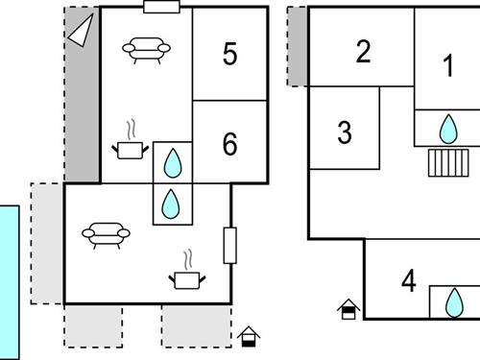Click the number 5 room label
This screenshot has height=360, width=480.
[x=229, y=54]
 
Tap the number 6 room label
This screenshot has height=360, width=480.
[x=229, y=144]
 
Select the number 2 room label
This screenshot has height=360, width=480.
[x=363, y=51]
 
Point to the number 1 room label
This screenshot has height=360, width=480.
[x=448, y=65]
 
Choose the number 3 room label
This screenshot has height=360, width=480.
[x=345, y=132]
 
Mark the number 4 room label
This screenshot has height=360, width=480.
[x=409, y=280]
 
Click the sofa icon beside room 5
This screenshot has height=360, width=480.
[x=146, y=51]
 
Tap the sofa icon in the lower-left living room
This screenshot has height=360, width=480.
[x=106, y=235]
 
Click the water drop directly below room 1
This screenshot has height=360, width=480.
[x=448, y=129]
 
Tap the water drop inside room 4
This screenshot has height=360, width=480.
[x=454, y=302]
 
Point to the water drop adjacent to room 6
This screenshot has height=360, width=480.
[x=173, y=163]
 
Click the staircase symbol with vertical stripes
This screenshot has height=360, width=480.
[x=448, y=163]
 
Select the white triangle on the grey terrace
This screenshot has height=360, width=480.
[x=81, y=30]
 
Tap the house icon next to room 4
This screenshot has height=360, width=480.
[x=348, y=309]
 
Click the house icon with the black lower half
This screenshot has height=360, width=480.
[x=249, y=337]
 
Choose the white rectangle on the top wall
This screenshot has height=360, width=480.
[x=161, y=7]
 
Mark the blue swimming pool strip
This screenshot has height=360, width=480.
[x=10, y=282]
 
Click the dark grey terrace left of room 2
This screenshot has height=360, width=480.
[x=298, y=47]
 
